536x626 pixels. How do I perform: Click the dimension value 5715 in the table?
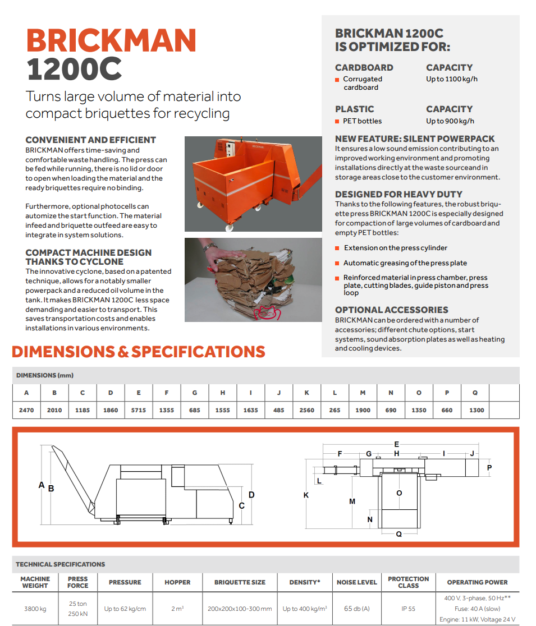[139, 410]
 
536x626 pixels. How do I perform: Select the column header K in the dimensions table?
[306, 393]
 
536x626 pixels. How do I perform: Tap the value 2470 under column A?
[26, 410]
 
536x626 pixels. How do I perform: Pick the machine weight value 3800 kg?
[35, 609]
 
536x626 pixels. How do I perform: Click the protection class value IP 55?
[408, 609]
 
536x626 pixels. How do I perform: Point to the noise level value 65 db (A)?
[356, 609]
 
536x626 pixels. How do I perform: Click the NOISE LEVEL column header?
[356, 582]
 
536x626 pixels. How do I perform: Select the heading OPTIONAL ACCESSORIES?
[391, 310]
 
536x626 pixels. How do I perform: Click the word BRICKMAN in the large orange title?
[111, 40]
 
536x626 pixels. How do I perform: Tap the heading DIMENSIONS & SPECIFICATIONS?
[138, 352]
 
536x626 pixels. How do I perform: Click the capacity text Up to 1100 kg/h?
[452, 79]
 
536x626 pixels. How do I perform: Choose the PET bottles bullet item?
[362, 121]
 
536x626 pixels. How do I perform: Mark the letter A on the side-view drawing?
[41, 485]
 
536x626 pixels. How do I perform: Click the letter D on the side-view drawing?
[251, 495]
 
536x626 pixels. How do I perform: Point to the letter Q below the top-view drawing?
[399, 534]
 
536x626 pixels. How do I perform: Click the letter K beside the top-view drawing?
[306, 495]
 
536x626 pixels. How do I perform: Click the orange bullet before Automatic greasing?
[337, 263]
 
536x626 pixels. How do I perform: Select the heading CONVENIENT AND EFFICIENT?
[90, 140]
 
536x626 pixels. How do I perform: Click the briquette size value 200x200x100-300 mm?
[240, 609]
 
